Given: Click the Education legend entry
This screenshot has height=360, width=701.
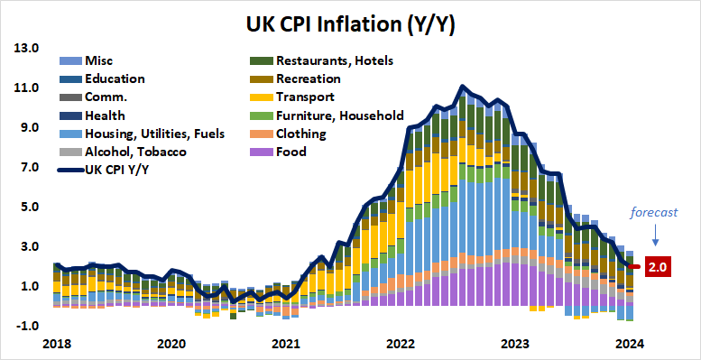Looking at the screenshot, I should [x=115, y=78].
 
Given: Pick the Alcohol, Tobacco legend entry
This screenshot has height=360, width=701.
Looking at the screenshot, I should [x=128, y=152].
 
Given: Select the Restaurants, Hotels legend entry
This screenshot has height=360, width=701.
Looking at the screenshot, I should [x=334, y=60].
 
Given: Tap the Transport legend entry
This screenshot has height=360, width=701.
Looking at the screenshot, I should [x=306, y=97].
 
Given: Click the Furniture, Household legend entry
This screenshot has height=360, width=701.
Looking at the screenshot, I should [x=339, y=115].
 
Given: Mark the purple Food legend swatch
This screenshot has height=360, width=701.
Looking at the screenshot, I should [x=261, y=152].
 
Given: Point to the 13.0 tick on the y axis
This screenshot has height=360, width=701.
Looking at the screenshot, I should [x=26, y=48].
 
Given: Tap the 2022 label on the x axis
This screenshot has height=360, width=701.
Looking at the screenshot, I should [x=398, y=344].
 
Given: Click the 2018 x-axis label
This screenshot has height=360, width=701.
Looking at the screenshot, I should [x=56, y=344].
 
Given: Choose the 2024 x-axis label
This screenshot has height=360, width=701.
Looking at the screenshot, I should [x=629, y=344].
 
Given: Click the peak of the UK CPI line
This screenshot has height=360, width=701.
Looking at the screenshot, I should [x=462, y=87].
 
